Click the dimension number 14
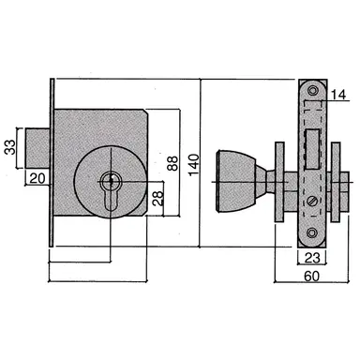click(x=337, y=93)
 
